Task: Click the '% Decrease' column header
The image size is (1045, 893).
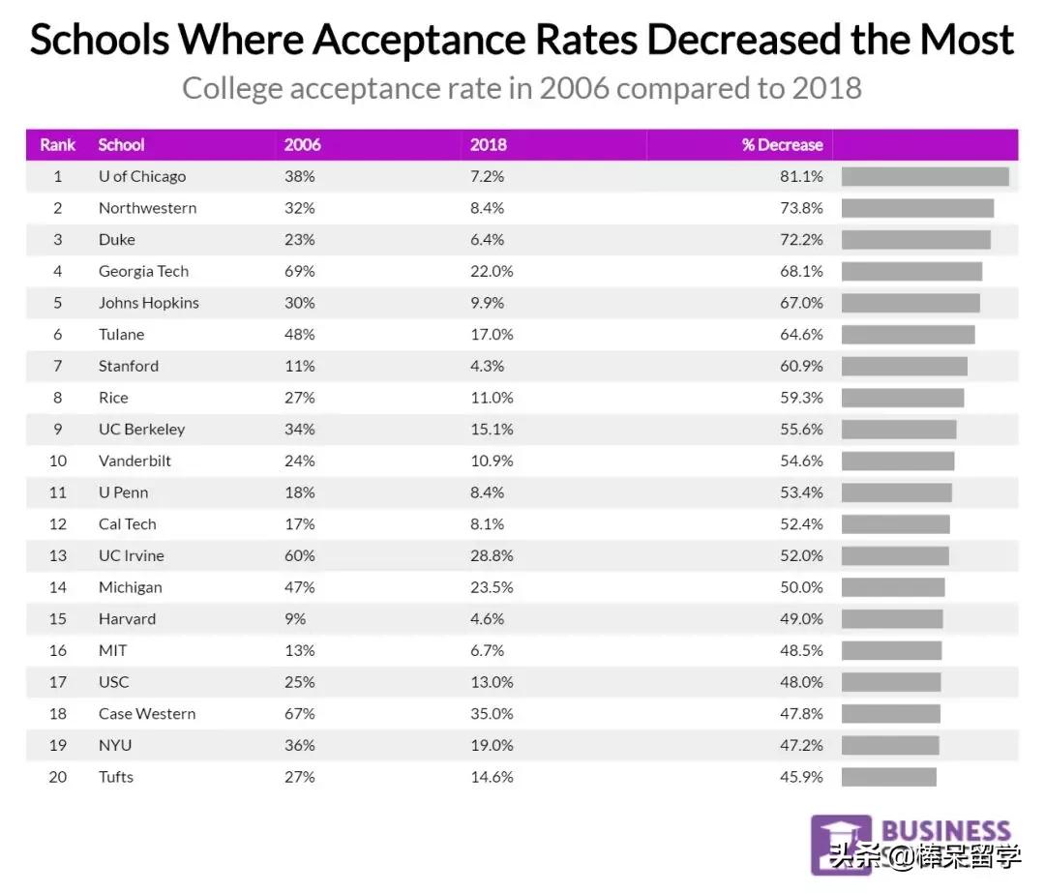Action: pos(782,145)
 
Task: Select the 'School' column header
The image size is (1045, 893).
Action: pos(121,145)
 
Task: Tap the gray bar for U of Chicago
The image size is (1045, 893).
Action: pos(925,176)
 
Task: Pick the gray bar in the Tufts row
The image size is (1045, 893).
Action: pos(888,777)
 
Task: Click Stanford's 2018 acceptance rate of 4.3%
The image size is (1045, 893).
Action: pos(488,366)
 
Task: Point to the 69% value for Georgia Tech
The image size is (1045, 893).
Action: pos(299,271)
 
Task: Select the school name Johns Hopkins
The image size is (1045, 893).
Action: pos(148,303)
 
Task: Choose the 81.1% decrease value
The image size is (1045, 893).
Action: pos(801,176)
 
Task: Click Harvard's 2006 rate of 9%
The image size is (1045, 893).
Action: pos(295,619)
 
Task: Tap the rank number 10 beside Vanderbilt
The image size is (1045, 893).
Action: pos(58,461)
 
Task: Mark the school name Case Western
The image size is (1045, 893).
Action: pos(147,714)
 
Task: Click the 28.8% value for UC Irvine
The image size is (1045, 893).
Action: pos(492,555)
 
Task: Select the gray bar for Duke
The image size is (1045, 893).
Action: pos(915,239)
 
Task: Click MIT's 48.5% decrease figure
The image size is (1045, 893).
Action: pos(801,650)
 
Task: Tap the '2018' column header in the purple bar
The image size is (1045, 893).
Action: pos(488,145)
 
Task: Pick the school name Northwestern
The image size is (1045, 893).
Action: pos(147,208)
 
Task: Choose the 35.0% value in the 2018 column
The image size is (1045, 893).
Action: pos(492,714)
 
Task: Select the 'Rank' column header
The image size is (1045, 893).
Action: pos(58,145)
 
